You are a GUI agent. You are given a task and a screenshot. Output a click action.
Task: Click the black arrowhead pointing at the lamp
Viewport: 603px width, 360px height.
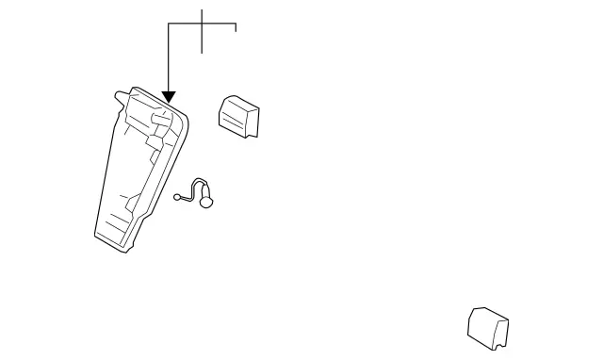[x=169, y=96]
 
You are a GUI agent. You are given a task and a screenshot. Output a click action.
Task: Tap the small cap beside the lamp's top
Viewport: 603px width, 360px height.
[x=239, y=115]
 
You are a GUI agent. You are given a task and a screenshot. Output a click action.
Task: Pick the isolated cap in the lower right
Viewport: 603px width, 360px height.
[x=489, y=327]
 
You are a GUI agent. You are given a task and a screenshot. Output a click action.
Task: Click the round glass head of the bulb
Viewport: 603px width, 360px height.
[x=208, y=200]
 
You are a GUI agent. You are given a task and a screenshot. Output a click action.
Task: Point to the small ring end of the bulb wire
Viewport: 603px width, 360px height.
[x=176, y=197]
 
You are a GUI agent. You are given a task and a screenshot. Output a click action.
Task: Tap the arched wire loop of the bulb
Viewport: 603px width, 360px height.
[x=197, y=185]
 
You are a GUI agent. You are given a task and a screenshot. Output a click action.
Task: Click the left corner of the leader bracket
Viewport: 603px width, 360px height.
[x=169, y=24]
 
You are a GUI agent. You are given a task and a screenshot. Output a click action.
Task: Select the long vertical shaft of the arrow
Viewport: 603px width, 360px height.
[x=169, y=57]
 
